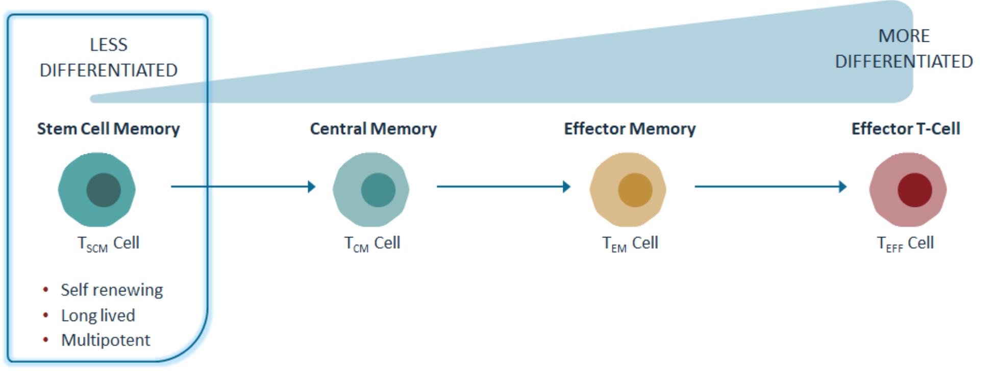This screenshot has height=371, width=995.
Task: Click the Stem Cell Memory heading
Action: pyautogui.click(x=108, y=129)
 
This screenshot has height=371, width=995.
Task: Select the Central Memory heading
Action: pyautogui.click(x=373, y=129)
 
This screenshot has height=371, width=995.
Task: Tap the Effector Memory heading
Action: pyautogui.click(x=629, y=129)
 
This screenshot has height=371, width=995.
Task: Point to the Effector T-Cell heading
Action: pyautogui.click(x=906, y=129)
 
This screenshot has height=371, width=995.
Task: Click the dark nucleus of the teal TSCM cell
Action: pyautogui.click(x=104, y=190)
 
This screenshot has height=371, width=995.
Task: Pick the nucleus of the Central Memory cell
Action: pyautogui.click(x=378, y=190)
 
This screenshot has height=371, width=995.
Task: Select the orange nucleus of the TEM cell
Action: pyautogui.click(x=635, y=190)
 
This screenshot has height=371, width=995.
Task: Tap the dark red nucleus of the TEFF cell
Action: pyautogui.click(x=915, y=190)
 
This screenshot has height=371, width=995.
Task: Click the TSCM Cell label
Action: pyautogui.click(x=108, y=244)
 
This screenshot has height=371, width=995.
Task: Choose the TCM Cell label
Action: pyautogui.click(x=372, y=244)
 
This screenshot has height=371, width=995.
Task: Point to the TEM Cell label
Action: pyautogui.click(x=630, y=244)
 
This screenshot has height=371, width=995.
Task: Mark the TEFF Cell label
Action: pyautogui.click(x=905, y=244)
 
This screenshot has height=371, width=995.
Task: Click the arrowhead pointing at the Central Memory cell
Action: pyautogui.click(x=312, y=187)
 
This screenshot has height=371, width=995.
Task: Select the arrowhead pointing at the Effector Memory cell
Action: pyautogui.click(x=566, y=187)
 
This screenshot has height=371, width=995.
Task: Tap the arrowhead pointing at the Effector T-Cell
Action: pyautogui.click(x=843, y=187)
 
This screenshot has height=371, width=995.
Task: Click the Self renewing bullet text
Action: pyautogui.click(x=112, y=290)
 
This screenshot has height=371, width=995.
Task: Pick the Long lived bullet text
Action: pyautogui.click(x=98, y=315)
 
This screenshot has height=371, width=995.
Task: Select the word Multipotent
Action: pyautogui.click(x=106, y=340)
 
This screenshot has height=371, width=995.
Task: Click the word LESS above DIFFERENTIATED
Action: pyautogui.click(x=109, y=45)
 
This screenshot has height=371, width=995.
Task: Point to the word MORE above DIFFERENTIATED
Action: pyautogui.click(x=904, y=36)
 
